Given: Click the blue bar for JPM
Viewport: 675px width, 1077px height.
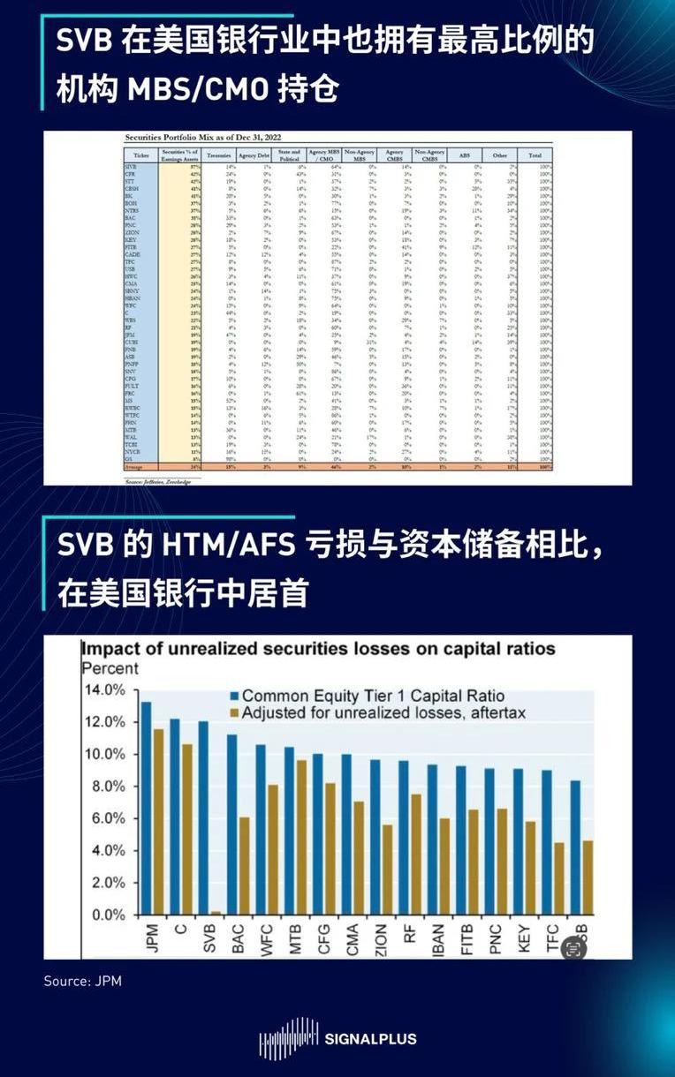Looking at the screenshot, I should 147,808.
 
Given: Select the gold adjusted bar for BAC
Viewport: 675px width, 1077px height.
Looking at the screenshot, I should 243,865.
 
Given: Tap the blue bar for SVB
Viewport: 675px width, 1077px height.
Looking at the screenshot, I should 203,817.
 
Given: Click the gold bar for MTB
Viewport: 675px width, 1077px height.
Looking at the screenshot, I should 300,837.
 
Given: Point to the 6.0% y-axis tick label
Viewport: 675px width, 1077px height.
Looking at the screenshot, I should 105,818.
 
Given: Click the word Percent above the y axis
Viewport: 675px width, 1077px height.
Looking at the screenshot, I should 110,668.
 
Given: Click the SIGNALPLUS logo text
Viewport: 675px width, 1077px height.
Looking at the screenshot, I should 371,1039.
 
